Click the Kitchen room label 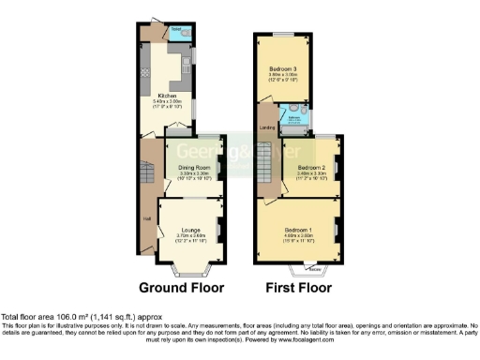[169, 95]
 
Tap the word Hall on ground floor [146, 218]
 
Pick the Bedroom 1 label [299, 230]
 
